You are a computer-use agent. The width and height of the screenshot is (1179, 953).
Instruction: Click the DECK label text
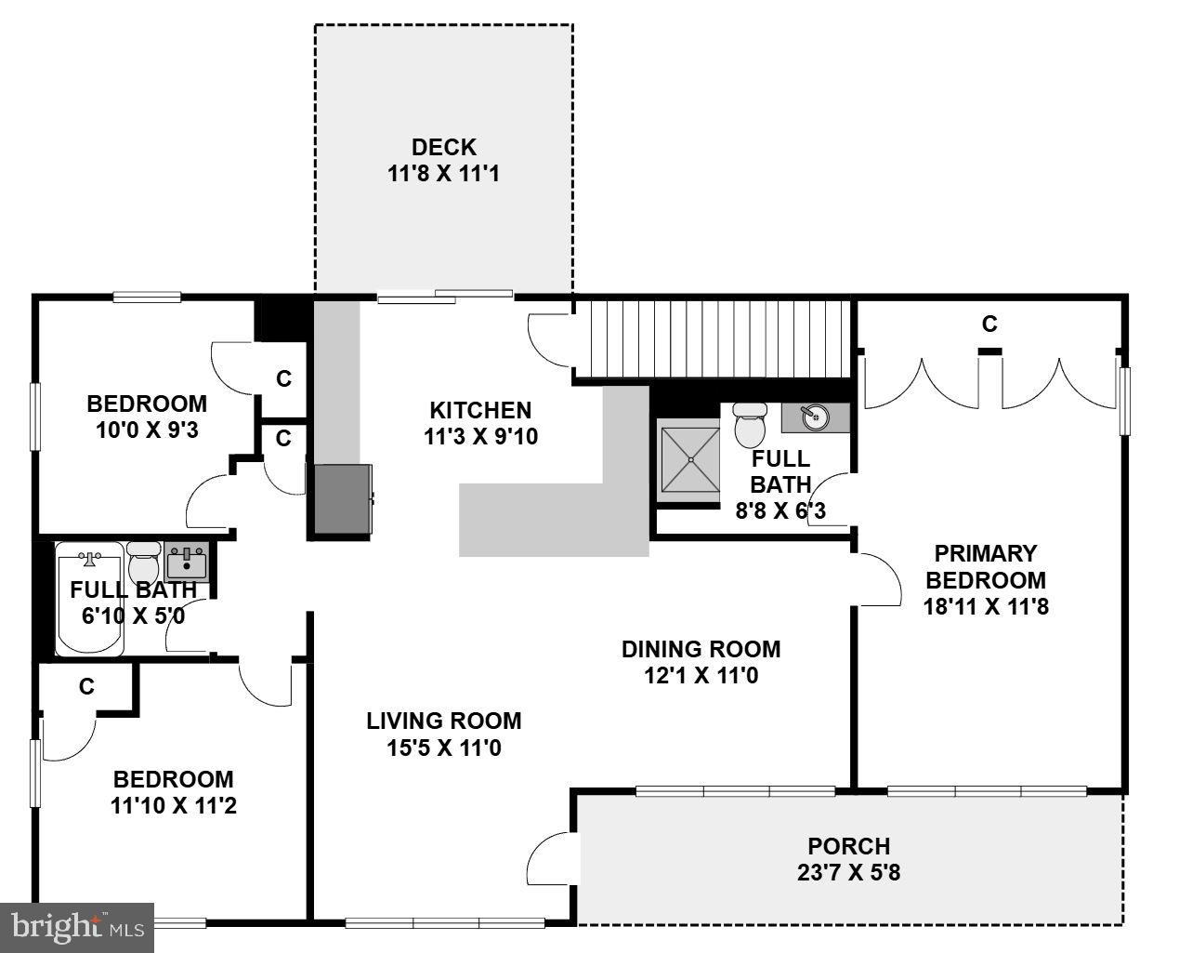click(443, 147)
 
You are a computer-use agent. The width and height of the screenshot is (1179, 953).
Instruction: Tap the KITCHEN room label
click(480, 410)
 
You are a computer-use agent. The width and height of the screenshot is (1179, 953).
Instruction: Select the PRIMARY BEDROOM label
click(985, 567)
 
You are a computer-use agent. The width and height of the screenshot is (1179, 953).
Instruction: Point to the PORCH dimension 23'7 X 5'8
click(848, 873)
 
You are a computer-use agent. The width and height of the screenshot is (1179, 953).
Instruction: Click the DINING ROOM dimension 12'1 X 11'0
click(701, 676)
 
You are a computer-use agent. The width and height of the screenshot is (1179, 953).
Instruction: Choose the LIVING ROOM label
click(443, 721)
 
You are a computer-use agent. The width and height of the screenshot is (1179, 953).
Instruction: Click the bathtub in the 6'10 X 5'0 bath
click(89, 601)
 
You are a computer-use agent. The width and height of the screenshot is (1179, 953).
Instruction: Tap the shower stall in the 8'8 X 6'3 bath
click(689, 459)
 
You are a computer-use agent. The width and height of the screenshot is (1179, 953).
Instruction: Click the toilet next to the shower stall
click(748, 425)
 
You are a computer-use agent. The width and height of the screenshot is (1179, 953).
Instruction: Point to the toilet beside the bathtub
click(143, 562)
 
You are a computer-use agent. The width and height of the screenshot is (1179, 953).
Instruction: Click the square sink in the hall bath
click(187, 563)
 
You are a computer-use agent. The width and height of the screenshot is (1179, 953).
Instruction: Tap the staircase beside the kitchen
click(711, 338)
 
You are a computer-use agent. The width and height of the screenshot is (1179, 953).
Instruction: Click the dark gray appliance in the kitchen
click(342, 498)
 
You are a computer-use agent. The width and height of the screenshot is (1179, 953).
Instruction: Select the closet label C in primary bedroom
click(989, 324)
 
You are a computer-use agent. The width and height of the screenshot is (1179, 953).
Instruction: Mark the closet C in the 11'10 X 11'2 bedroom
click(86, 687)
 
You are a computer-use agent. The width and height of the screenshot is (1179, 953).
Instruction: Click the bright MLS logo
click(76, 927)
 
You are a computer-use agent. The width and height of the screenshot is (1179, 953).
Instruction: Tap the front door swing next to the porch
click(550, 857)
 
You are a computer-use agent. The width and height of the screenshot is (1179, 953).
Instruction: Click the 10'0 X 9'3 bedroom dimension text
click(146, 430)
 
